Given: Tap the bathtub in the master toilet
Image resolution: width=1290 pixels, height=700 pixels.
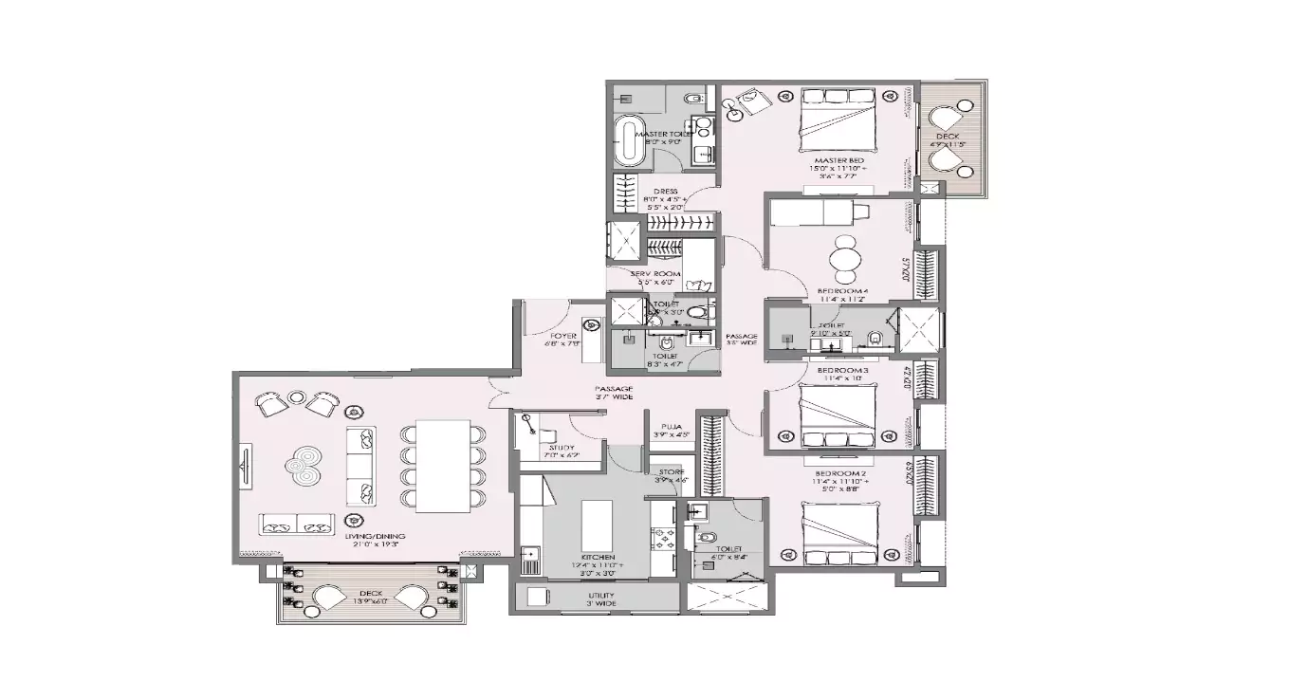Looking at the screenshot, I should click(627, 140).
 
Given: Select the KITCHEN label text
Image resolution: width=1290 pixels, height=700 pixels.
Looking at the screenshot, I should click(599, 557).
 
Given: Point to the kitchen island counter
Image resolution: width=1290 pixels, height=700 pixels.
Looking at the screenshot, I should click(595, 519).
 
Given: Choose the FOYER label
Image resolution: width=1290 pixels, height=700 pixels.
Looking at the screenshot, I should click(563, 336).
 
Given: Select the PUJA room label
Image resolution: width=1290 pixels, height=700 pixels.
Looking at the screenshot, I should click(670, 428).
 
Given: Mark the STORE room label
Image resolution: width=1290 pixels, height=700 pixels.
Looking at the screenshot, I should click(672, 471).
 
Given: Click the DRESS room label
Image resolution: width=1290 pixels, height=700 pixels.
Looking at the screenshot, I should click(665, 192).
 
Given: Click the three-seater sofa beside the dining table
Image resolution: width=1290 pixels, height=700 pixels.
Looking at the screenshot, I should click(361, 465).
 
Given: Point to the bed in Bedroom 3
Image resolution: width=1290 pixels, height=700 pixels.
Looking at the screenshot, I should click(838, 415).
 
